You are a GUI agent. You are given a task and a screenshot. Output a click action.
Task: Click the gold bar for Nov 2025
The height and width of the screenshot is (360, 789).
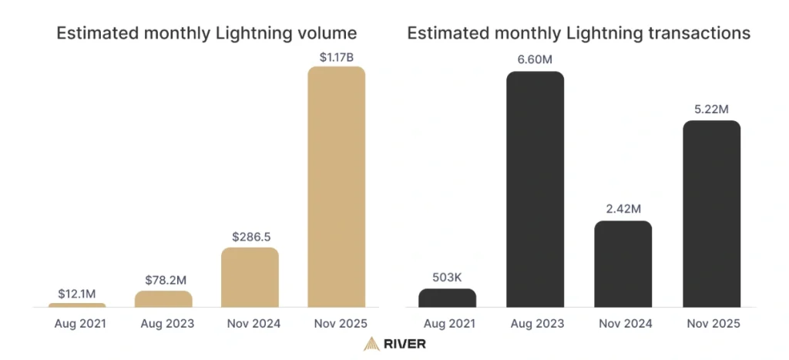(x=336, y=187)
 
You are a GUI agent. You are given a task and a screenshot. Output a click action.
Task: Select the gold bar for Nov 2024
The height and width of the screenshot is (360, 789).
(x=250, y=278)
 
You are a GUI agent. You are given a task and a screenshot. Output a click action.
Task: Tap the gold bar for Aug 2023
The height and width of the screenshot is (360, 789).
(x=163, y=299)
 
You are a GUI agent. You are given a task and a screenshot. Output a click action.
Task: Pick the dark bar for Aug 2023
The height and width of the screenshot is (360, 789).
(x=535, y=190)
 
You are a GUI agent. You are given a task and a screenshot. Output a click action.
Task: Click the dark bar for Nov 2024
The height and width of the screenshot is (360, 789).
(x=623, y=264)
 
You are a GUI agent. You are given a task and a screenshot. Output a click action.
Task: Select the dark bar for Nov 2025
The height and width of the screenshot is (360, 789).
(x=711, y=214)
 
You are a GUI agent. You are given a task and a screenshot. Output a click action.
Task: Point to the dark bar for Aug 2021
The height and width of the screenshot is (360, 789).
(x=447, y=298)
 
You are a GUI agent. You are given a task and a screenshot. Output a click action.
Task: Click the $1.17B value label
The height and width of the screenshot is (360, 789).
(x=336, y=56)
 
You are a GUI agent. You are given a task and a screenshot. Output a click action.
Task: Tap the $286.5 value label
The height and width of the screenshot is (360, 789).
(x=250, y=237)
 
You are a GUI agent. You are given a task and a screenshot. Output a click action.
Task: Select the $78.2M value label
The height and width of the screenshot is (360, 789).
(x=163, y=280)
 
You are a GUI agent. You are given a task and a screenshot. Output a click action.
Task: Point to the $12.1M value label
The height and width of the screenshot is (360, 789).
(x=77, y=293)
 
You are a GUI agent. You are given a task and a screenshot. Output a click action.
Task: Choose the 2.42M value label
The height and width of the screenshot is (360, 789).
(x=623, y=210)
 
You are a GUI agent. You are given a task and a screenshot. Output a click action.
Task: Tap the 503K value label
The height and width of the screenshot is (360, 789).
(x=447, y=278)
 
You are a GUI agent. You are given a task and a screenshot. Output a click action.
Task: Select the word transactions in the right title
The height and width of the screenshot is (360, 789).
(x=700, y=33)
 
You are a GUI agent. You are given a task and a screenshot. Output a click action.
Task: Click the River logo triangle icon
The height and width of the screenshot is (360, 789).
(x=371, y=343)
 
